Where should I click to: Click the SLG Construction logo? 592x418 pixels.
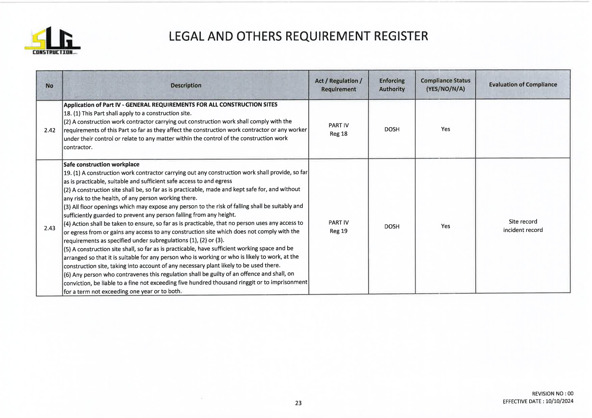pyautogui.click(x=52, y=41)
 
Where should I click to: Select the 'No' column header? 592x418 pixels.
pyautogui.click(x=49, y=86)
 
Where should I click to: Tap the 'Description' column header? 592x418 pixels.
pyautogui.click(x=186, y=85)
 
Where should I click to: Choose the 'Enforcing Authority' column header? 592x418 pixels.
pyautogui.click(x=392, y=85)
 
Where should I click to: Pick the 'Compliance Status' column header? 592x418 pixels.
pyautogui.click(x=445, y=85)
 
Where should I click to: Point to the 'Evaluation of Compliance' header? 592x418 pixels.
pyautogui.click(x=522, y=85)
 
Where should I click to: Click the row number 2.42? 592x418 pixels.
pyautogui.click(x=50, y=130)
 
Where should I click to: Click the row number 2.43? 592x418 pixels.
pyautogui.click(x=50, y=228)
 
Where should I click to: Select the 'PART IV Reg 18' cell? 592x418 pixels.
pyautogui.click(x=339, y=129)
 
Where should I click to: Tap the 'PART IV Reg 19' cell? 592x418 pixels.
pyautogui.click(x=339, y=227)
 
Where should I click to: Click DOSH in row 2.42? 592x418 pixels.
pyautogui.click(x=392, y=129)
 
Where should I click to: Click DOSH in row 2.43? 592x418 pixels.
pyautogui.click(x=392, y=227)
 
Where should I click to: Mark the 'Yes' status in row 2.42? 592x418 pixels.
pyautogui.click(x=445, y=129)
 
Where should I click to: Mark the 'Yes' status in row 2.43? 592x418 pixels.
pyautogui.click(x=445, y=226)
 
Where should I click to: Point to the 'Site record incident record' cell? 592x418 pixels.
pyautogui.click(x=522, y=226)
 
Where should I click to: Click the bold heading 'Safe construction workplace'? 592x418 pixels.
pyautogui.click(x=101, y=165)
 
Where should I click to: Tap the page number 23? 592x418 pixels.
pyautogui.click(x=298, y=403)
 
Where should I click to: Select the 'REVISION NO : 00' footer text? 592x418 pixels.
pyautogui.click(x=552, y=393)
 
